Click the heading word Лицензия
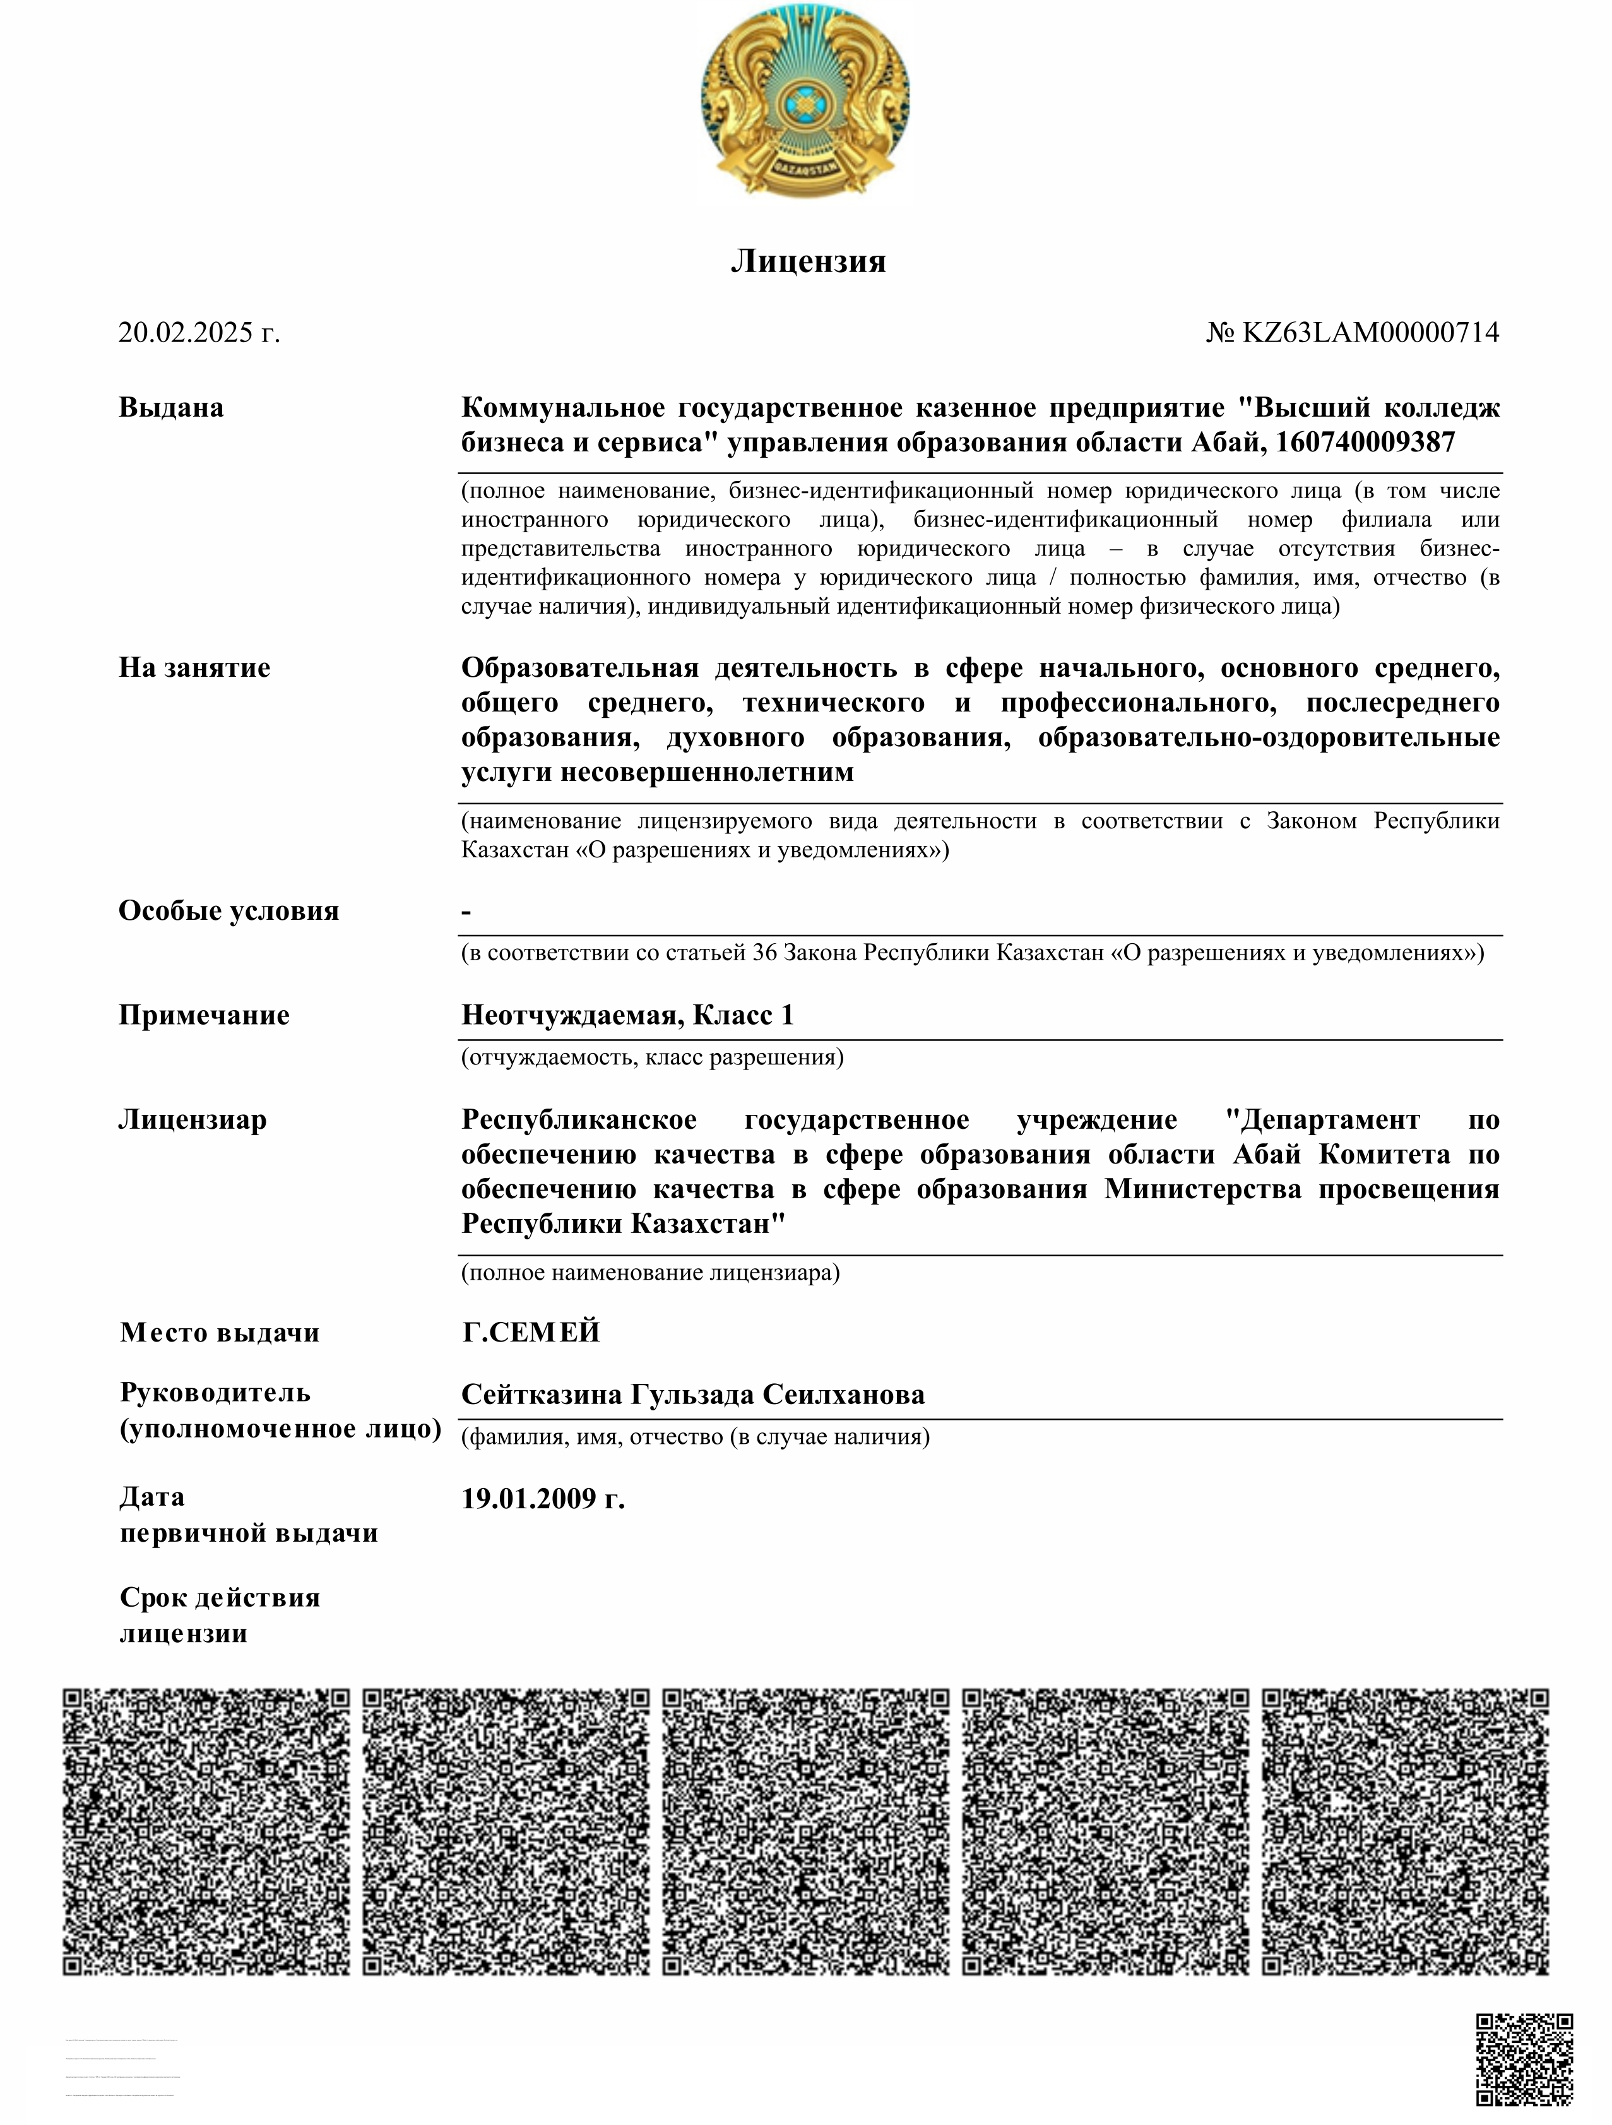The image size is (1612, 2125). (808, 261)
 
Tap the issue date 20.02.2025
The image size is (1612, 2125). (199, 333)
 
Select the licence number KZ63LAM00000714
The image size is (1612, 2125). (1370, 333)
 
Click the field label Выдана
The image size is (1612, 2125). (171, 407)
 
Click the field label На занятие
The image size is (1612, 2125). (194, 668)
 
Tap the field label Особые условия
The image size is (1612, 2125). (228, 911)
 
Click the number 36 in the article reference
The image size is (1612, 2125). (765, 953)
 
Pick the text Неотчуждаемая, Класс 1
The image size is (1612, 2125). (627, 1015)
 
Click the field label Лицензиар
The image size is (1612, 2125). (192, 1120)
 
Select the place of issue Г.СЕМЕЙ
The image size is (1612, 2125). (530, 1333)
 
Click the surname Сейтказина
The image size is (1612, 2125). (541, 1395)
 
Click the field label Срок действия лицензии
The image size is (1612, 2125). (219, 1615)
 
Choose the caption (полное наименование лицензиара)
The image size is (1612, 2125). (650, 1273)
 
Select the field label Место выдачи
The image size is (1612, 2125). (219, 1333)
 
